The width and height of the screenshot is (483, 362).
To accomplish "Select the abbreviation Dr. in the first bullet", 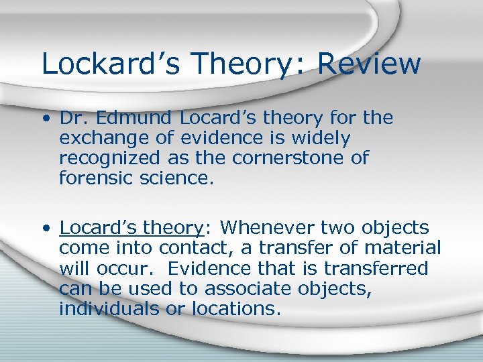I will [x=73, y=119].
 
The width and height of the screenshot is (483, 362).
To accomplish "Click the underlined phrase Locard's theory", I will [x=131, y=228].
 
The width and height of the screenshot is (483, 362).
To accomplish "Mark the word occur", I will [x=129, y=268].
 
